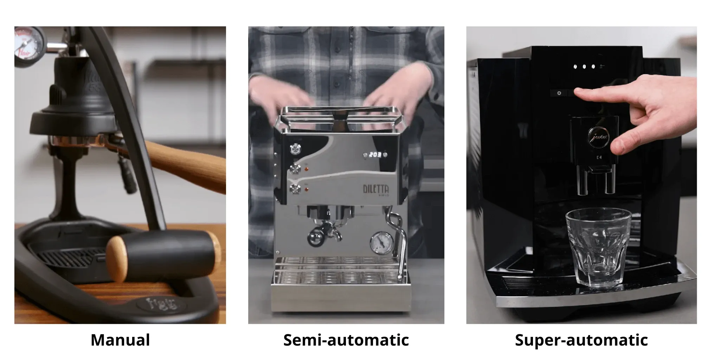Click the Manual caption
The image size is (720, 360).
[x=120, y=340]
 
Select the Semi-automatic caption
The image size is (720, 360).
[x=346, y=340]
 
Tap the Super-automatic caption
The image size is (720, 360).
[x=581, y=340]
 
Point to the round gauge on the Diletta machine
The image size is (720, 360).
[x=381, y=242]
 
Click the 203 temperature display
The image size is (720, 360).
[x=375, y=154]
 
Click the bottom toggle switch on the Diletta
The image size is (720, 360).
[x=294, y=189]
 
